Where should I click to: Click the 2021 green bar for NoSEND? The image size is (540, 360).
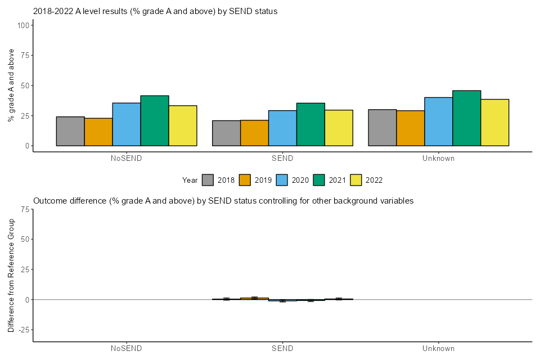(x=155, y=121)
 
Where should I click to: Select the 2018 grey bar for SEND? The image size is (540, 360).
(x=226, y=133)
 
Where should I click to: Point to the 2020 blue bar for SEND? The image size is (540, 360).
(x=282, y=128)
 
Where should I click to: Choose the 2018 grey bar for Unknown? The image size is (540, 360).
(x=382, y=128)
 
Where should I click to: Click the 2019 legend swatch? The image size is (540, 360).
(x=245, y=180)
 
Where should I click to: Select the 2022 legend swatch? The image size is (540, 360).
(x=357, y=180)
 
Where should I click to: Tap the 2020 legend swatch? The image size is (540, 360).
(x=282, y=180)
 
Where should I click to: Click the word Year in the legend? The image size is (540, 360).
(x=190, y=180)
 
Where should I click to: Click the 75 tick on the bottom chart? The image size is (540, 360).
(x=25, y=209)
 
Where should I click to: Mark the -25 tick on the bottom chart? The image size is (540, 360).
(x=23, y=330)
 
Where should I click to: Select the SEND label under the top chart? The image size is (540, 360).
(x=282, y=159)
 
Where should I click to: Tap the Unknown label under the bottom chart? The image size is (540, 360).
(x=438, y=348)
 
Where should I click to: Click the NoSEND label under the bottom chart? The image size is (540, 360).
(x=127, y=348)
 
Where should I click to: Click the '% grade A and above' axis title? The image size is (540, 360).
(x=11, y=85)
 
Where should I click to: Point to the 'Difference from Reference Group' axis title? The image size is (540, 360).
(x=11, y=275)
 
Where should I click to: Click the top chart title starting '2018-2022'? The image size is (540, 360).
(x=155, y=11)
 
